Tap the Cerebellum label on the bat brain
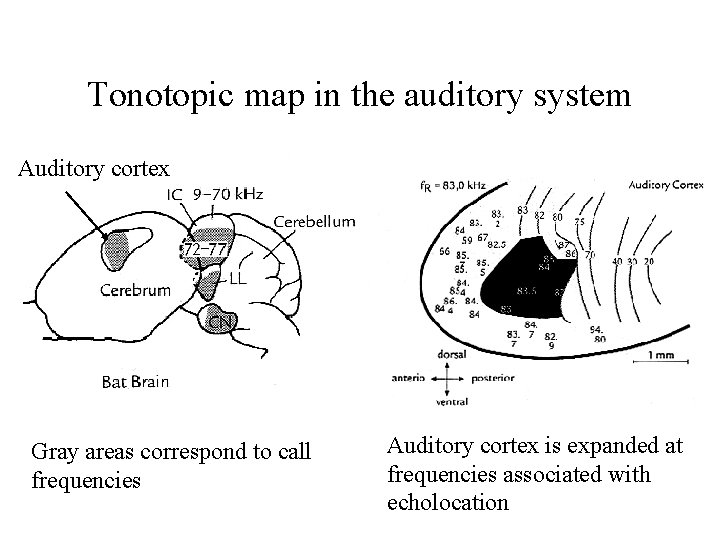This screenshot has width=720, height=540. (314, 221)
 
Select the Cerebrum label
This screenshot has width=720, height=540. (135, 290)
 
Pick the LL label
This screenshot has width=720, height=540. (237, 279)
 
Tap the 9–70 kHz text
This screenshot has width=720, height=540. (228, 194)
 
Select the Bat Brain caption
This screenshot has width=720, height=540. (135, 381)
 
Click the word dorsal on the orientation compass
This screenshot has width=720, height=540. (452, 354)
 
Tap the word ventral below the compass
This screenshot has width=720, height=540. (452, 403)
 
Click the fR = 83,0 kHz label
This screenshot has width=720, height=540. (453, 185)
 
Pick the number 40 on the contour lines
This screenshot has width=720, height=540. (645, 261)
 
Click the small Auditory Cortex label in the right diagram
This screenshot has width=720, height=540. (666, 185)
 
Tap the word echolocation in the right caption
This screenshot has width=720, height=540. (448, 501)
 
